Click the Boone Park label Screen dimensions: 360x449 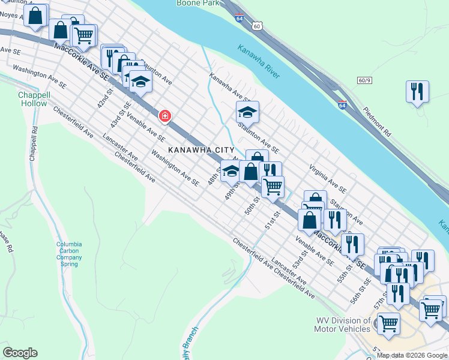[198, 3]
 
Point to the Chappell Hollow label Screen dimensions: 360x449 [32, 99]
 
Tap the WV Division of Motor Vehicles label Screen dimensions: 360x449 [343, 325]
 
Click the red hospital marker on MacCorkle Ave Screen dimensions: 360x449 [164, 115]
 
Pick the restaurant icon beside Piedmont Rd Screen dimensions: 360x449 [417, 92]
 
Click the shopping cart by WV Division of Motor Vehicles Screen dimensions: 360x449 [389, 323]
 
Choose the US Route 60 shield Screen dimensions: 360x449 [257, 26]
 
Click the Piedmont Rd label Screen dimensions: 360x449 [378, 122]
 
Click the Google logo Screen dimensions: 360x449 [20, 353]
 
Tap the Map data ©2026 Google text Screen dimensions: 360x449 [412, 355]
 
